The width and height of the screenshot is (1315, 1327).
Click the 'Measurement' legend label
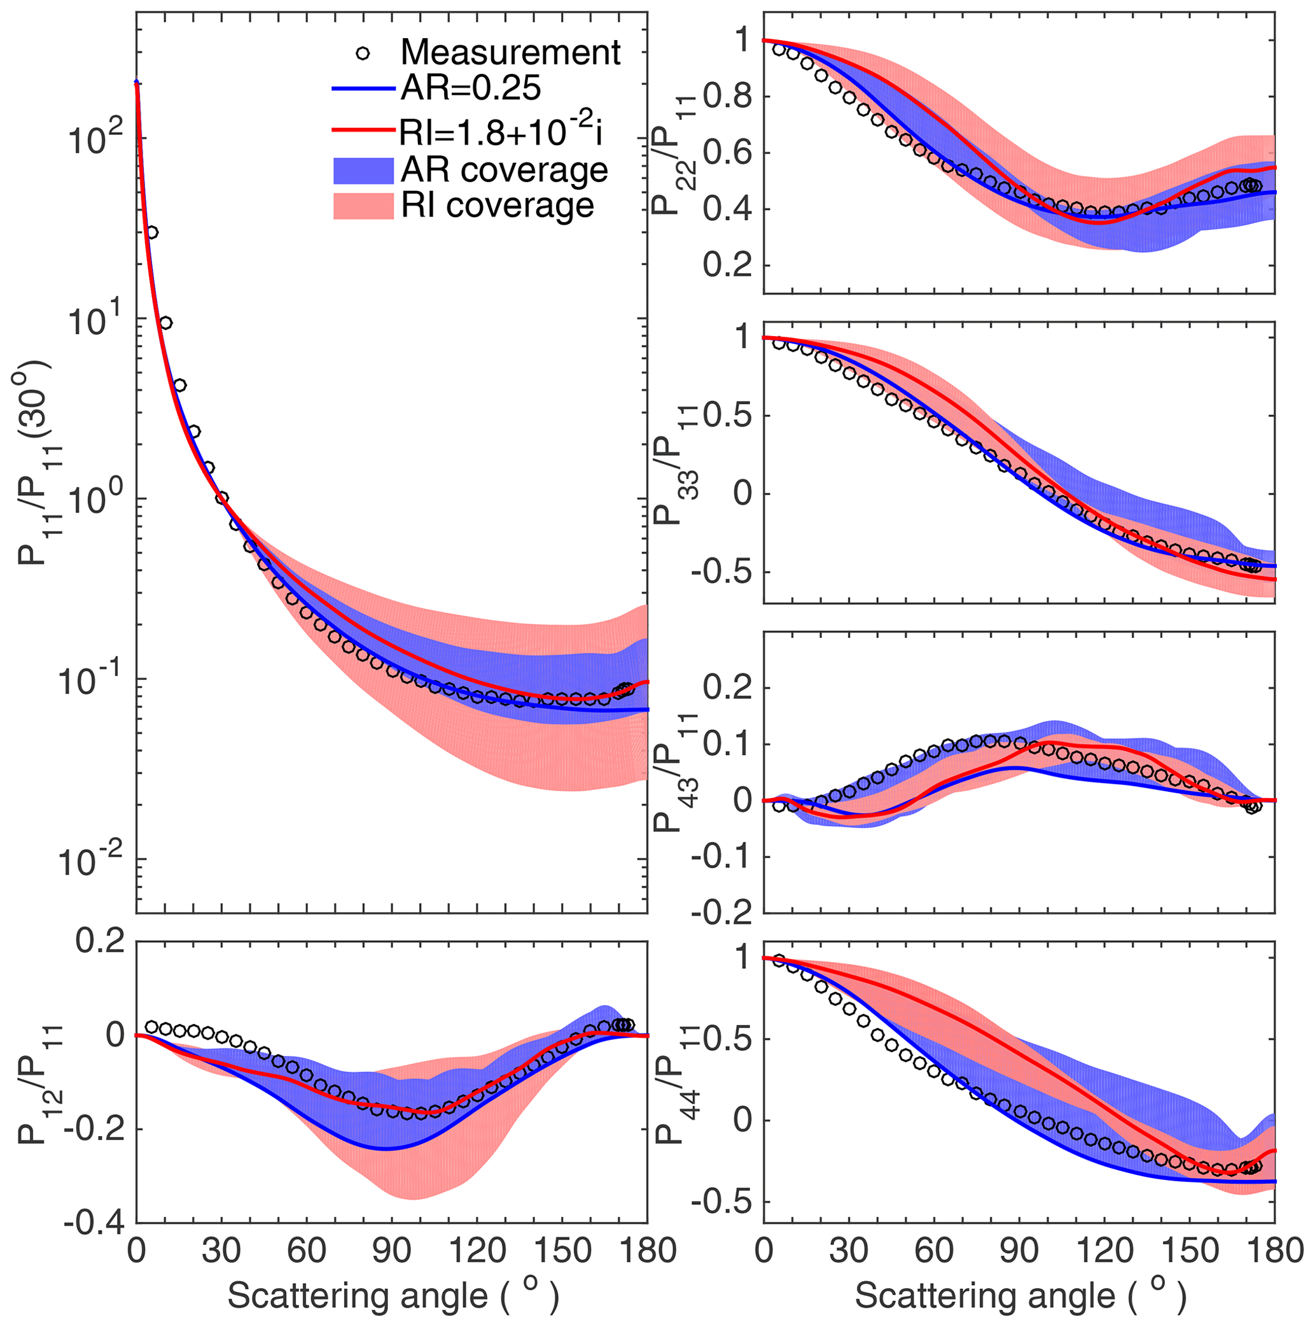[x=510, y=52]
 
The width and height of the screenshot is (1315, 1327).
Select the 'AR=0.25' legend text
[x=471, y=88]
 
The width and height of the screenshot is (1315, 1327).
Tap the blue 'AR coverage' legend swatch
[x=363, y=171]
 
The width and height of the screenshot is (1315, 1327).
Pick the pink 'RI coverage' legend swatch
[x=363, y=206]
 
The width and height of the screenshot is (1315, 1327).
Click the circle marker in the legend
[x=363, y=53]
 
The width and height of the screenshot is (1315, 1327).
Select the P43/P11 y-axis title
[x=673, y=772]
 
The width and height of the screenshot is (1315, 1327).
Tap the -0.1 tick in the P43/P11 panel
[x=721, y=857]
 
